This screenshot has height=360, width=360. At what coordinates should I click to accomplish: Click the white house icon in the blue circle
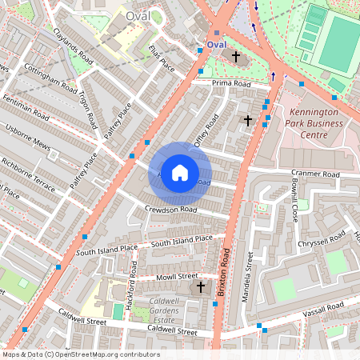(180, 173)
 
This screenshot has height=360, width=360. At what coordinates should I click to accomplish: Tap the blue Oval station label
(217, 45)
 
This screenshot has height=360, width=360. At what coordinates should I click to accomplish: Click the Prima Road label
(231, 84)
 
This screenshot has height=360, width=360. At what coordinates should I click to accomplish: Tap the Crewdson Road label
(170, 210)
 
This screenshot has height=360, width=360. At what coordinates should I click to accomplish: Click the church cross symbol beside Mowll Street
(200, 286)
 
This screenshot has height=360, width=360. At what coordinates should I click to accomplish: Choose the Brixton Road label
(224, 273)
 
